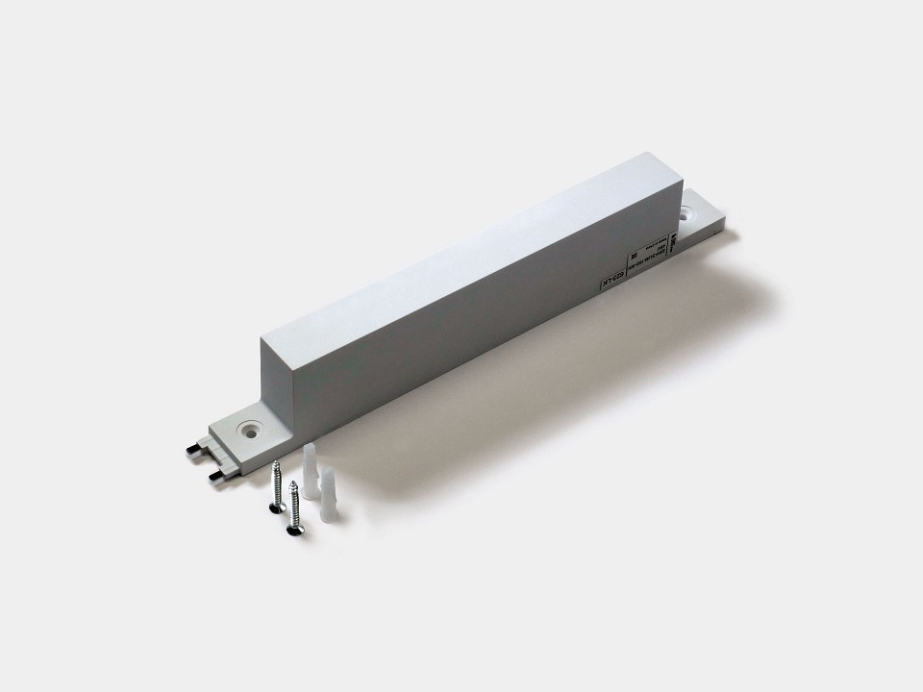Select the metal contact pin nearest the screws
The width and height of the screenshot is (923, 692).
[x=215, y=474]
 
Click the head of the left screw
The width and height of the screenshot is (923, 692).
[x=277, y=508]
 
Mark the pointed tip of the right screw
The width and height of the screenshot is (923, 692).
[x=294, y=482]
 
